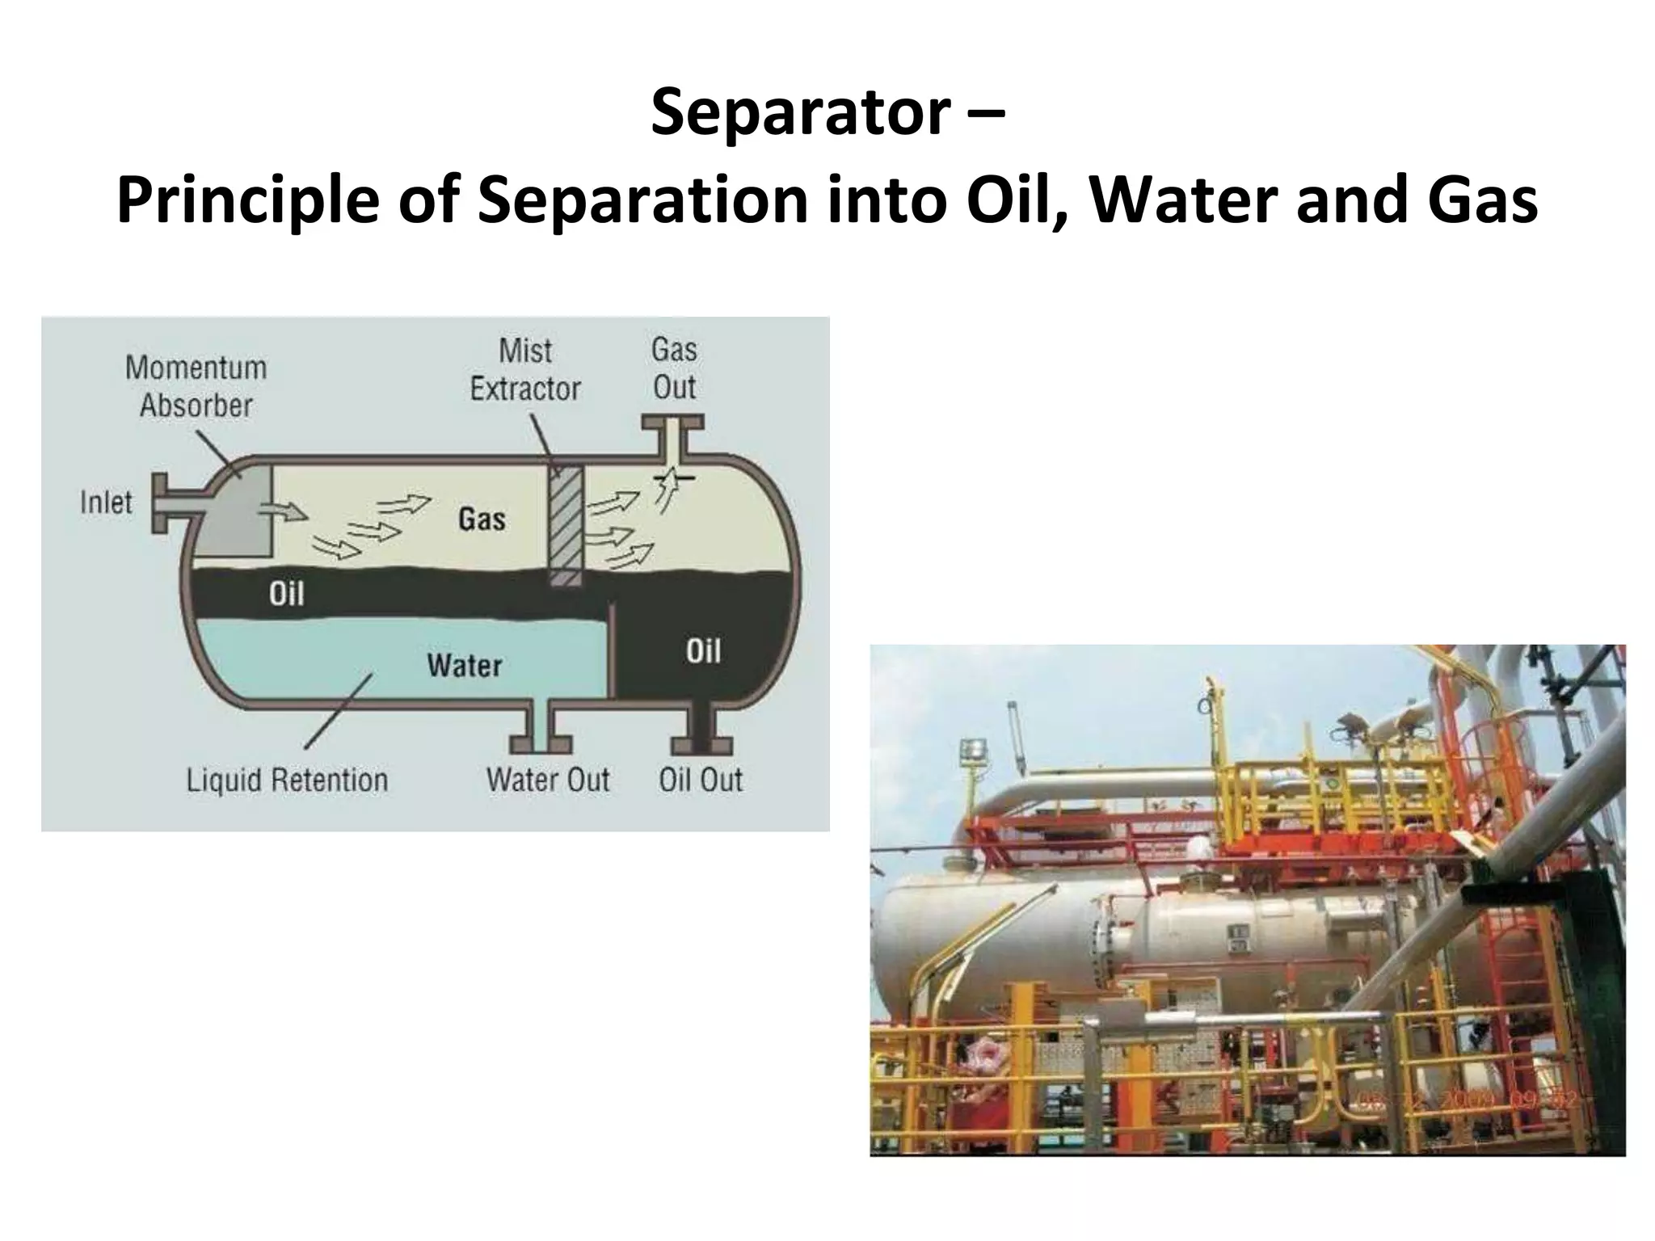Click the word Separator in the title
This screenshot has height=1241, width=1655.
[x=800, y=113]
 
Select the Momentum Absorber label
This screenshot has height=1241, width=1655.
[x=196, y=387]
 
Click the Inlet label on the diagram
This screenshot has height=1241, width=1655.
[x=106, y=503]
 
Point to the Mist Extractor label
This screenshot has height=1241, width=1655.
[x=525, y=370]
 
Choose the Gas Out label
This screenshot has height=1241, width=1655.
[x=674, y=368]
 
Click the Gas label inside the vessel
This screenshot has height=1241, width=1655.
[x=482, y=519]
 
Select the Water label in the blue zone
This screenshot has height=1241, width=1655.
[x=465, y=666]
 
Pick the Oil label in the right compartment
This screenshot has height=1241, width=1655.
[x=703, y=651]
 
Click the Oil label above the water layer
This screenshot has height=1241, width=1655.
[x=286, y=595]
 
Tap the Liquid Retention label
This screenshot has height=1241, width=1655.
[x=287, y=780]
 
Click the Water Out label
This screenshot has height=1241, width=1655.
[x=548, y=780]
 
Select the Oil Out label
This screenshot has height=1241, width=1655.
[x=700, y=780]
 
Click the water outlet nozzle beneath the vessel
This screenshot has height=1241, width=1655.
[x=541, y=731]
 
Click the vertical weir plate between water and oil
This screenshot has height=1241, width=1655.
[x=612, y=646]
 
